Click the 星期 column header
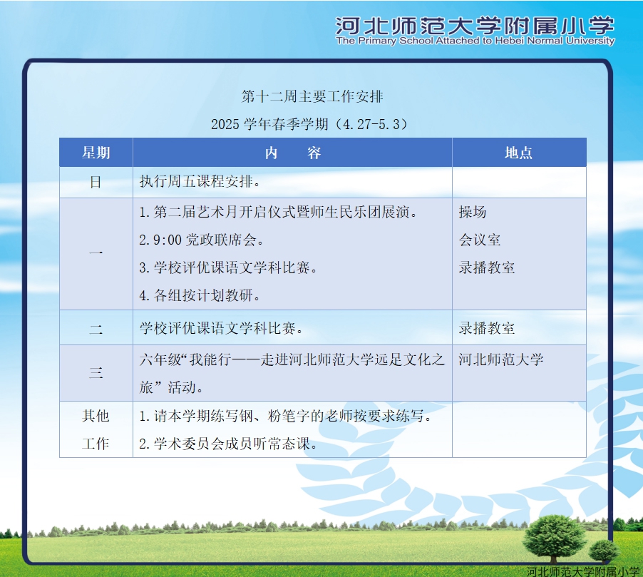[96, 153]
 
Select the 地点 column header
[518, 153]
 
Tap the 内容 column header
[293, 153]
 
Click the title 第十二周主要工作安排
[312, 96]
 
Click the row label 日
[96, 182]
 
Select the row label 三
[96, 372]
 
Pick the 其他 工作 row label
[96, 429]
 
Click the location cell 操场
[473, 212]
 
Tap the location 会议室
[479, 240]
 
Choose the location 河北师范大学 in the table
[500, 359]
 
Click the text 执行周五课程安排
[200, 181]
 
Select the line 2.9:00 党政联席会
[201, 240]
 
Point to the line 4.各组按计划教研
[200, 295]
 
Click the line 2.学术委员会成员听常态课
[228, 444]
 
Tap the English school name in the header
[475, 41]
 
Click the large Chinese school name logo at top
[475, 26]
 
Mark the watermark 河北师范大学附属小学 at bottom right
[582, 571]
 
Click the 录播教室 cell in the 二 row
[486, 328]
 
